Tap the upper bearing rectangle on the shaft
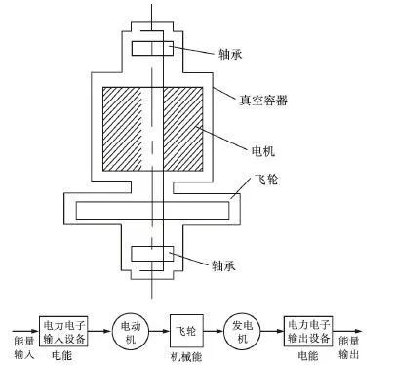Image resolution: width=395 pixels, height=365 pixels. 151,48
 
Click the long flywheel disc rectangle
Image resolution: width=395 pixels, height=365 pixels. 151,209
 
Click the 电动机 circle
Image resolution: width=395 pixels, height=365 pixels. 129,327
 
